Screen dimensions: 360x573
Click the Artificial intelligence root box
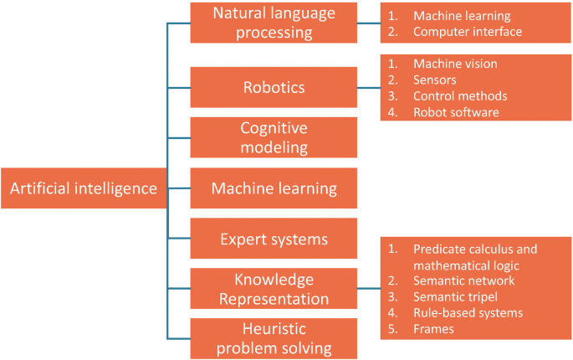point(83,188)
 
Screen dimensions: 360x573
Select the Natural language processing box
point(274,23)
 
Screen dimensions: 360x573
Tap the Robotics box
point(274,87)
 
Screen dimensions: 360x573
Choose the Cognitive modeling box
point(274,137)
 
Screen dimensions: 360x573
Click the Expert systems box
point(274,239)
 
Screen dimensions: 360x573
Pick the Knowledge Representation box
point(274,289)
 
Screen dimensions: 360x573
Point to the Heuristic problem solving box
point(274,339)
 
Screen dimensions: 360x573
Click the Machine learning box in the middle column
point(274,188)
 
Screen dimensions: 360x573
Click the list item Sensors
point(434,80)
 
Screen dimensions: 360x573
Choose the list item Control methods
point(459,95)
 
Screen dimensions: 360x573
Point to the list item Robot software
point(455,111)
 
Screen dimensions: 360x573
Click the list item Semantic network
point(463,281)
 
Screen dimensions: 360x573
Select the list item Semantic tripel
point(457,297)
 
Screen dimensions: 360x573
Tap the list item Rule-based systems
point(468,313)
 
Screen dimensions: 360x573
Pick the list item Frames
point(433,329)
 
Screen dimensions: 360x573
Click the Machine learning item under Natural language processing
point(461,16)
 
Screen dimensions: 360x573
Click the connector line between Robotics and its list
point(369,87)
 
